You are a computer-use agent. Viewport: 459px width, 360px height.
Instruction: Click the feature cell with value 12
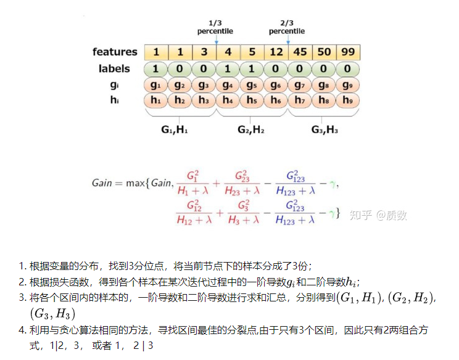pyautogui.click(x=276, y=52)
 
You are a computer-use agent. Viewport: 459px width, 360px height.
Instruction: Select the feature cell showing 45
pyautogui.click(x=300, y=52)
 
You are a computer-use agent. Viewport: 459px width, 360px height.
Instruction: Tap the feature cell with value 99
pyautogui.click(x=348, y=52)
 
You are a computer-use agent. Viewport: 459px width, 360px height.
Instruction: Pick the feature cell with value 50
pyautogui.click(x=325, y=52)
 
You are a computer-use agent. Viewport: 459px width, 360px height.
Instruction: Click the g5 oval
pyautogui.click(x=252, y=84)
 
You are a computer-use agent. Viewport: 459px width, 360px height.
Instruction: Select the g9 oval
pyautogui.click(x=348, y=84)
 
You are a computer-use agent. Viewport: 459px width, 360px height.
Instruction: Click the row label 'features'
pyautogui.click(x=115, y=52)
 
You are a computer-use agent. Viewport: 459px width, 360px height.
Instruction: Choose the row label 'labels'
pyautogui.click(x=114, y=68)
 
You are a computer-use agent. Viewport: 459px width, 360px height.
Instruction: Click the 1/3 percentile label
pyautogui.click(x=215, y=27)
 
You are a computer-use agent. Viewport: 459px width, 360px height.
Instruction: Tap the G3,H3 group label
pyautogui.click(x=324, y=129)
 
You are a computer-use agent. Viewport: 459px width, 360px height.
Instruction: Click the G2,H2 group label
pyautogui.click(x=252, y=129)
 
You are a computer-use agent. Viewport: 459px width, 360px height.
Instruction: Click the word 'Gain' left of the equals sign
pyautogui.click(x=102, y=183)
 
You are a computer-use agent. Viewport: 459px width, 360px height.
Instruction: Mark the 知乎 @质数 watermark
pyautogui.click(x=378, y=215)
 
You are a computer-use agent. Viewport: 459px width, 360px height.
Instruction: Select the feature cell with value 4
pyautogui.click(x=228, y=52)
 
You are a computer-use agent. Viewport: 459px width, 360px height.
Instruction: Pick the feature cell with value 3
pyautogui.click(x=204, y=52)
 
